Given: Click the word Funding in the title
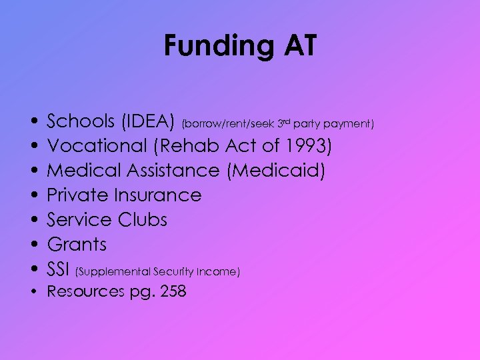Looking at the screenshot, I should point(215,47).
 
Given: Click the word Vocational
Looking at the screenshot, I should point(99,146).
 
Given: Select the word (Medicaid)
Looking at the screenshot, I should point(276,171).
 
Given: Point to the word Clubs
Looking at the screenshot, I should point(143,220).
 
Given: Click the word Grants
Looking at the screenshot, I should point(77,245).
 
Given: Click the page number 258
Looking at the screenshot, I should point(171,291).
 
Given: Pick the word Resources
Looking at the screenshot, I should point(85,291).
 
